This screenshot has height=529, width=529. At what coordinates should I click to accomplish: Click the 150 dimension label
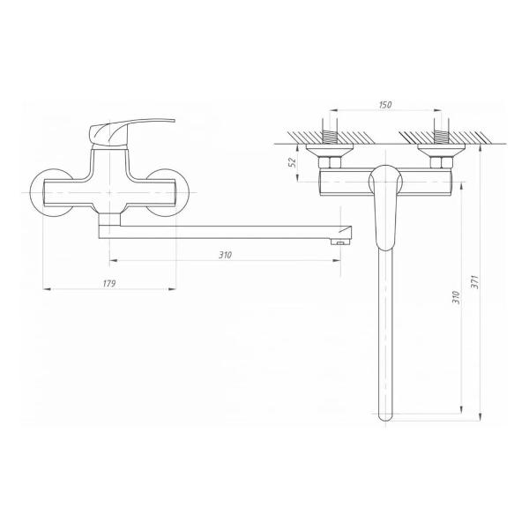point(385,105)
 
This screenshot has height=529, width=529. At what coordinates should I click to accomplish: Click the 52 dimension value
point(293,162)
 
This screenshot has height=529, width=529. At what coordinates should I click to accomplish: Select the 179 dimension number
point(109,284)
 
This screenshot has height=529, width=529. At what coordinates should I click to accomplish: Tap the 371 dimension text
point(475,282)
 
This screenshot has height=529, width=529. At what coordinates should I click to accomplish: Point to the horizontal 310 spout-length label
point(225,255)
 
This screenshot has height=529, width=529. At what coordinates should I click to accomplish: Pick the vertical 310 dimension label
point(456,298)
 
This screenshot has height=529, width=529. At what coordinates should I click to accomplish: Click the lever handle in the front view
point(131,132)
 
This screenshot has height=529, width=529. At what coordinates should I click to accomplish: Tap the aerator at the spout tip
point(341,242)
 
